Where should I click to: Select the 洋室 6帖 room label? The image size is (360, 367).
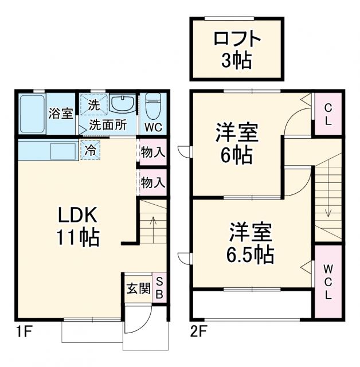tap(237, 143)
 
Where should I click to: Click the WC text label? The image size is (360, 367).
tap(152, 126)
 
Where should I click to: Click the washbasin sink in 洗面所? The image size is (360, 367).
tap(122, 105)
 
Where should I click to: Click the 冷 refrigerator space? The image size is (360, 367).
tap(91, 150)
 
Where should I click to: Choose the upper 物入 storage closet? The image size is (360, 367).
tap(153, 153)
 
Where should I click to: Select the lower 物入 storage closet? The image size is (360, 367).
tap(153, 183)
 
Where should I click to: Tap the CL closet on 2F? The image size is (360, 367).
tap(327, 114)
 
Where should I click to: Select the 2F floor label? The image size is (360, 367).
tap(197, 331)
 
